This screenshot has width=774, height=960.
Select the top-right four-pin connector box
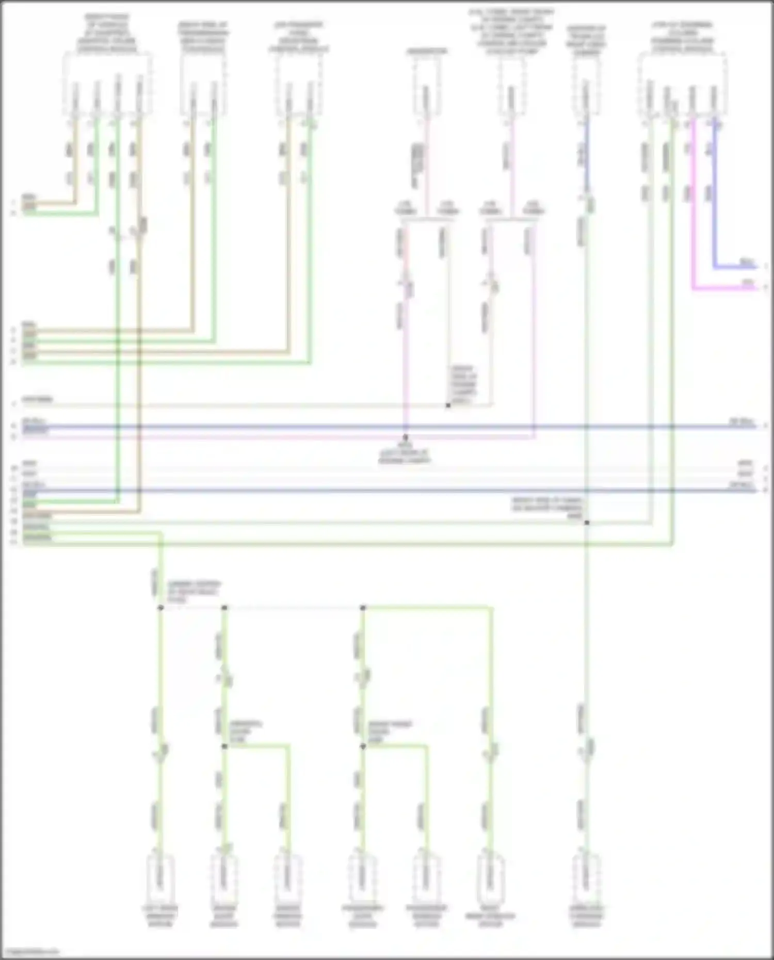pyautogui.click(x=682, y=85)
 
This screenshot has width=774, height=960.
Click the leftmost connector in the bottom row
pyautogui.click(x=160, y=877)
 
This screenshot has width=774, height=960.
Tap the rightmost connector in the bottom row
pyautogui.click(x=587, y=877)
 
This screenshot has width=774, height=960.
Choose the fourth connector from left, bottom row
pyautogui.click(x=362, y=877)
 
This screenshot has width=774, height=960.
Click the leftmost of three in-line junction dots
pyautogui.click(x=160, y=608)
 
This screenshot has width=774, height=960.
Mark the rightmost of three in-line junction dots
pyautogui.click(x=363, y=608)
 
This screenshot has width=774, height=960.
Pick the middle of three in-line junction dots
pyautogui.click(x=224, y=608)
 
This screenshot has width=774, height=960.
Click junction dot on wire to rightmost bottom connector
pyautogui.click(x=587, y=523)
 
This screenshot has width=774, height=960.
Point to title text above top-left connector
pyautogui.click(x=107, y=34)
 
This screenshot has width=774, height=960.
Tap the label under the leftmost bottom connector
pyautogui.click(x=160, y=916)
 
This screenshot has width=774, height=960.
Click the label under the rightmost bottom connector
pyautogui.click(x=587, y=916)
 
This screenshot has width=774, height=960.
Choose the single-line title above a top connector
pyautogui.click(x=427, y=51)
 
